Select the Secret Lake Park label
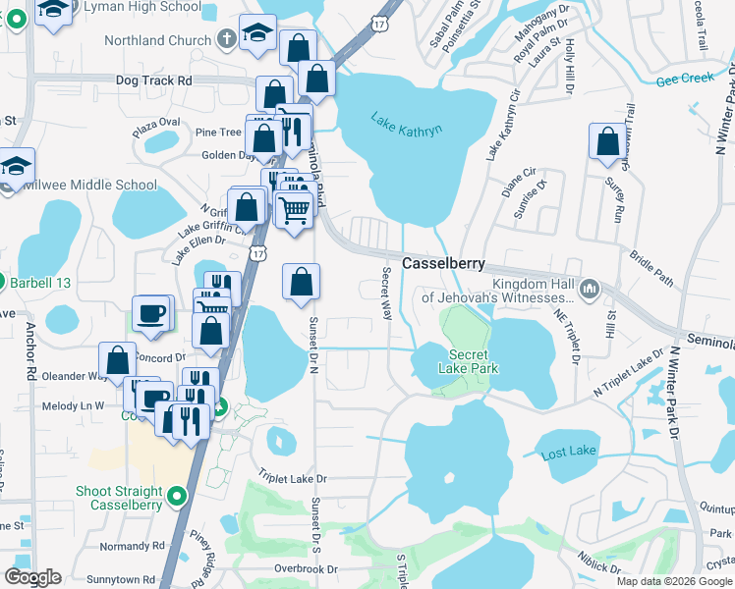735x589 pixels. pos(474,361)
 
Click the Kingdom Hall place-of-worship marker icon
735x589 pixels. pos(590,289)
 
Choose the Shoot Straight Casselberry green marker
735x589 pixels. pos(178,497)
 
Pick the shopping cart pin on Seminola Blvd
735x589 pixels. pos(294,209)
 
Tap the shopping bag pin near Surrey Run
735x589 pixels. pos(608,141)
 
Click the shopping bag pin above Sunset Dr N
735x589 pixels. pos(301,282)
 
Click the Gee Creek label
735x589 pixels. pos(684,78)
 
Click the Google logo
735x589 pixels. pos(32,577)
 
